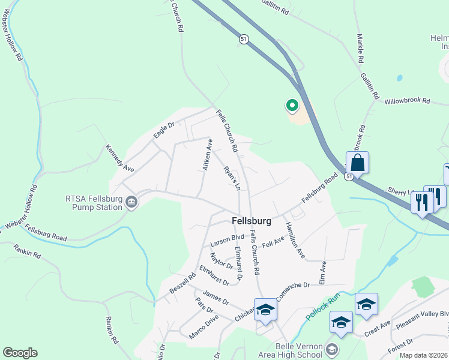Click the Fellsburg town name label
252,221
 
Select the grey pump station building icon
132,205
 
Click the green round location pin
292,106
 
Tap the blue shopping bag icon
357,163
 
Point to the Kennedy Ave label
119,158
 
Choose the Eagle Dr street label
163,130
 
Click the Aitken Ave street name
207,155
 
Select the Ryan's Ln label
232,178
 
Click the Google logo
20,353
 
